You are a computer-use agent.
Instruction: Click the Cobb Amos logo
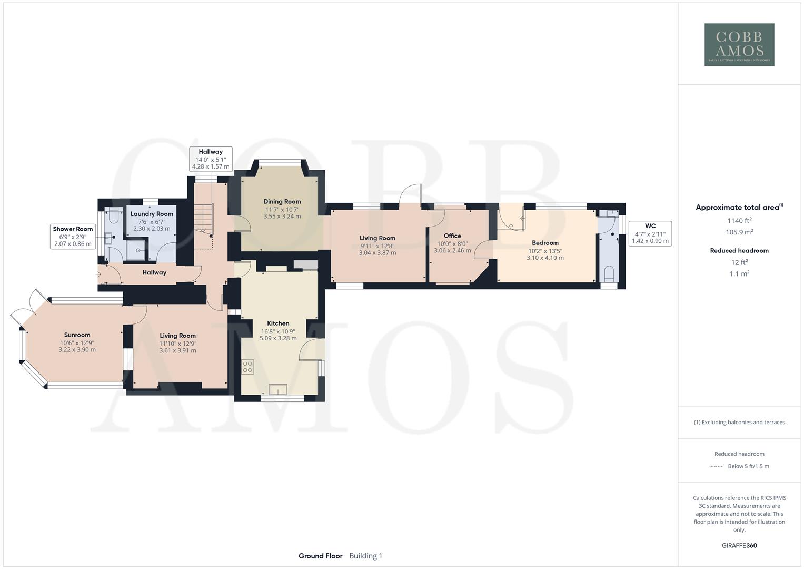tap(739, 44)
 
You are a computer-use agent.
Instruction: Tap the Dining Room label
tap(282, 202)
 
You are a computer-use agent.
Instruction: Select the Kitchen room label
tap(278, 323)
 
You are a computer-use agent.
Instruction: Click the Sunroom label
tap(77, 335)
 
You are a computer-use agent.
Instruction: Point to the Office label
tap(452, 236)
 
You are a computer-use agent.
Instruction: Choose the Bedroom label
tap(545, 243)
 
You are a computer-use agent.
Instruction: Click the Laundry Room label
tap(152, 214)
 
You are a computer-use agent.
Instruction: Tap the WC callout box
tap(650, 233)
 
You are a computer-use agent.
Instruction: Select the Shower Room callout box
tap(73, 236)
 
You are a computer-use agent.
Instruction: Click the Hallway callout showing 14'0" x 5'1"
tap(211, 159)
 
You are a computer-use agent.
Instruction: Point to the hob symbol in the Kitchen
tap(247, 367)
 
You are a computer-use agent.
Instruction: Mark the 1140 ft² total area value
tap(739, 221)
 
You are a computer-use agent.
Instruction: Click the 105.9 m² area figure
tap(739, 232)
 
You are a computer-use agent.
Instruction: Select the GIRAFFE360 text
tap(739, 546)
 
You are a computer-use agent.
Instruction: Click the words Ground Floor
tap(320, 556)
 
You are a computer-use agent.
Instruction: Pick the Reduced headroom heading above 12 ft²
tap(739, 251)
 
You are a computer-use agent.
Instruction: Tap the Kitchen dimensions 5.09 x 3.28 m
tap(278, 338)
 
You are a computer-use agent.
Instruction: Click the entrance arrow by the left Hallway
tap(98, 274)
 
